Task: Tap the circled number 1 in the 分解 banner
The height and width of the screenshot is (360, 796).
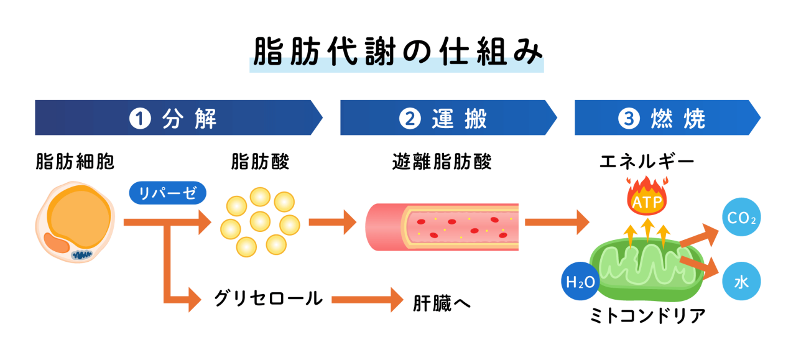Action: (141, 118)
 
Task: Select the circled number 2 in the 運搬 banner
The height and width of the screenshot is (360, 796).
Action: (410, 118)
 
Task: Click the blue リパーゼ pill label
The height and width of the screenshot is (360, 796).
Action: (167, 193)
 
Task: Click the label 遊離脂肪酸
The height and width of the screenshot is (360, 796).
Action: (442, 162)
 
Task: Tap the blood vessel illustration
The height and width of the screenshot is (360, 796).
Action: (442, 226)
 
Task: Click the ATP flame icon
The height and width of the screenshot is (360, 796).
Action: (647, 198)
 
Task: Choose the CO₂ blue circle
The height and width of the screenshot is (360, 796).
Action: (741, 218)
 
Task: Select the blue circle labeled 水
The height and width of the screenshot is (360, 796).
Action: (741, 282)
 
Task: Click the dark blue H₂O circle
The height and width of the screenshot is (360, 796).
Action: (580, 282)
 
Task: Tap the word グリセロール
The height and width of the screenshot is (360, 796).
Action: (268, 298)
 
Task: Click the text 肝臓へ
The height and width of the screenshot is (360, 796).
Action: (442, 302)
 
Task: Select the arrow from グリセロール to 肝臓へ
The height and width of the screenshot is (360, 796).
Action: (368, 300)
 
